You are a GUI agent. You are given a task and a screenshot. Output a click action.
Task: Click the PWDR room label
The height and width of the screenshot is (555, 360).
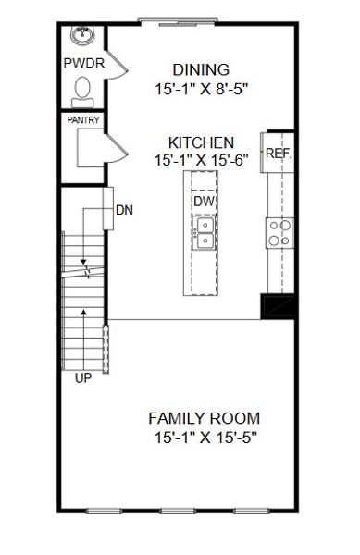[x=81, y=64]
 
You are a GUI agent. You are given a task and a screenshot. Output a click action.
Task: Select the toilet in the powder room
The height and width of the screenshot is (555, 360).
[x=82, y=90]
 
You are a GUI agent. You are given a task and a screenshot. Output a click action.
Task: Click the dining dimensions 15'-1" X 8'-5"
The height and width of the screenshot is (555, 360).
[x=201, y=90]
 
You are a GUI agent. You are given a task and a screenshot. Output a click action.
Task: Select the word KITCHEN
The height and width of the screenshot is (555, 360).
[x=201, y=142]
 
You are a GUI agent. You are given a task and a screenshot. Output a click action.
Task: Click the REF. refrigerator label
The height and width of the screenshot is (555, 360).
[x=278, y=154]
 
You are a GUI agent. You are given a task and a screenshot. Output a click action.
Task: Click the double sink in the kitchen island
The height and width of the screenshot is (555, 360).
[x=204, y=232]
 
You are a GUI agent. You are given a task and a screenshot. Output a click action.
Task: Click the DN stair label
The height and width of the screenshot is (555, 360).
[x=124, y=210]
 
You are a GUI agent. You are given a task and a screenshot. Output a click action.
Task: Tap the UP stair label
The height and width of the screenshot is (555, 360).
[x=83, y=377]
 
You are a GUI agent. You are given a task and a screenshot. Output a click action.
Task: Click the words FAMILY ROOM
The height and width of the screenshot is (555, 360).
[x=204, y=417]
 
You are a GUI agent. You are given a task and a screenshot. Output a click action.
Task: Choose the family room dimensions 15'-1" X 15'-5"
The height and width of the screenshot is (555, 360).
[x=204, y=437]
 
